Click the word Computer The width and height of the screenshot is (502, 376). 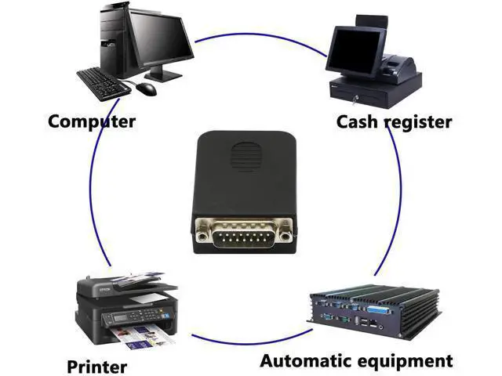click(x=92, y=121)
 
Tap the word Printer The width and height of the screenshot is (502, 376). click(x=97, y=367)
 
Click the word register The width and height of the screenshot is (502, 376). click(x=418, y=123)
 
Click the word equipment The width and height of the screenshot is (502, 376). click(x=405, y=362)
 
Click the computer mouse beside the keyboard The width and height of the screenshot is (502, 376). click(x=147, y=89)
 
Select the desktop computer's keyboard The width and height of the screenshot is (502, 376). click(x=103, y=84)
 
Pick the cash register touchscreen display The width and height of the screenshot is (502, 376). click(x=355, y=50)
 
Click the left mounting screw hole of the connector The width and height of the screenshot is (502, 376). click(x=202, y=237)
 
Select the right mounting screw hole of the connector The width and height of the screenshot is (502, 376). click(x=285, y=237)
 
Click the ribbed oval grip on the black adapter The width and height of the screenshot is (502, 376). click(x=246, y=157)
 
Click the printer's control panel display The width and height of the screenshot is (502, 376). click(x=120, y=318)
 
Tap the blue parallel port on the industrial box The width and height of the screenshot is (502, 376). click(x=380, y=310)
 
